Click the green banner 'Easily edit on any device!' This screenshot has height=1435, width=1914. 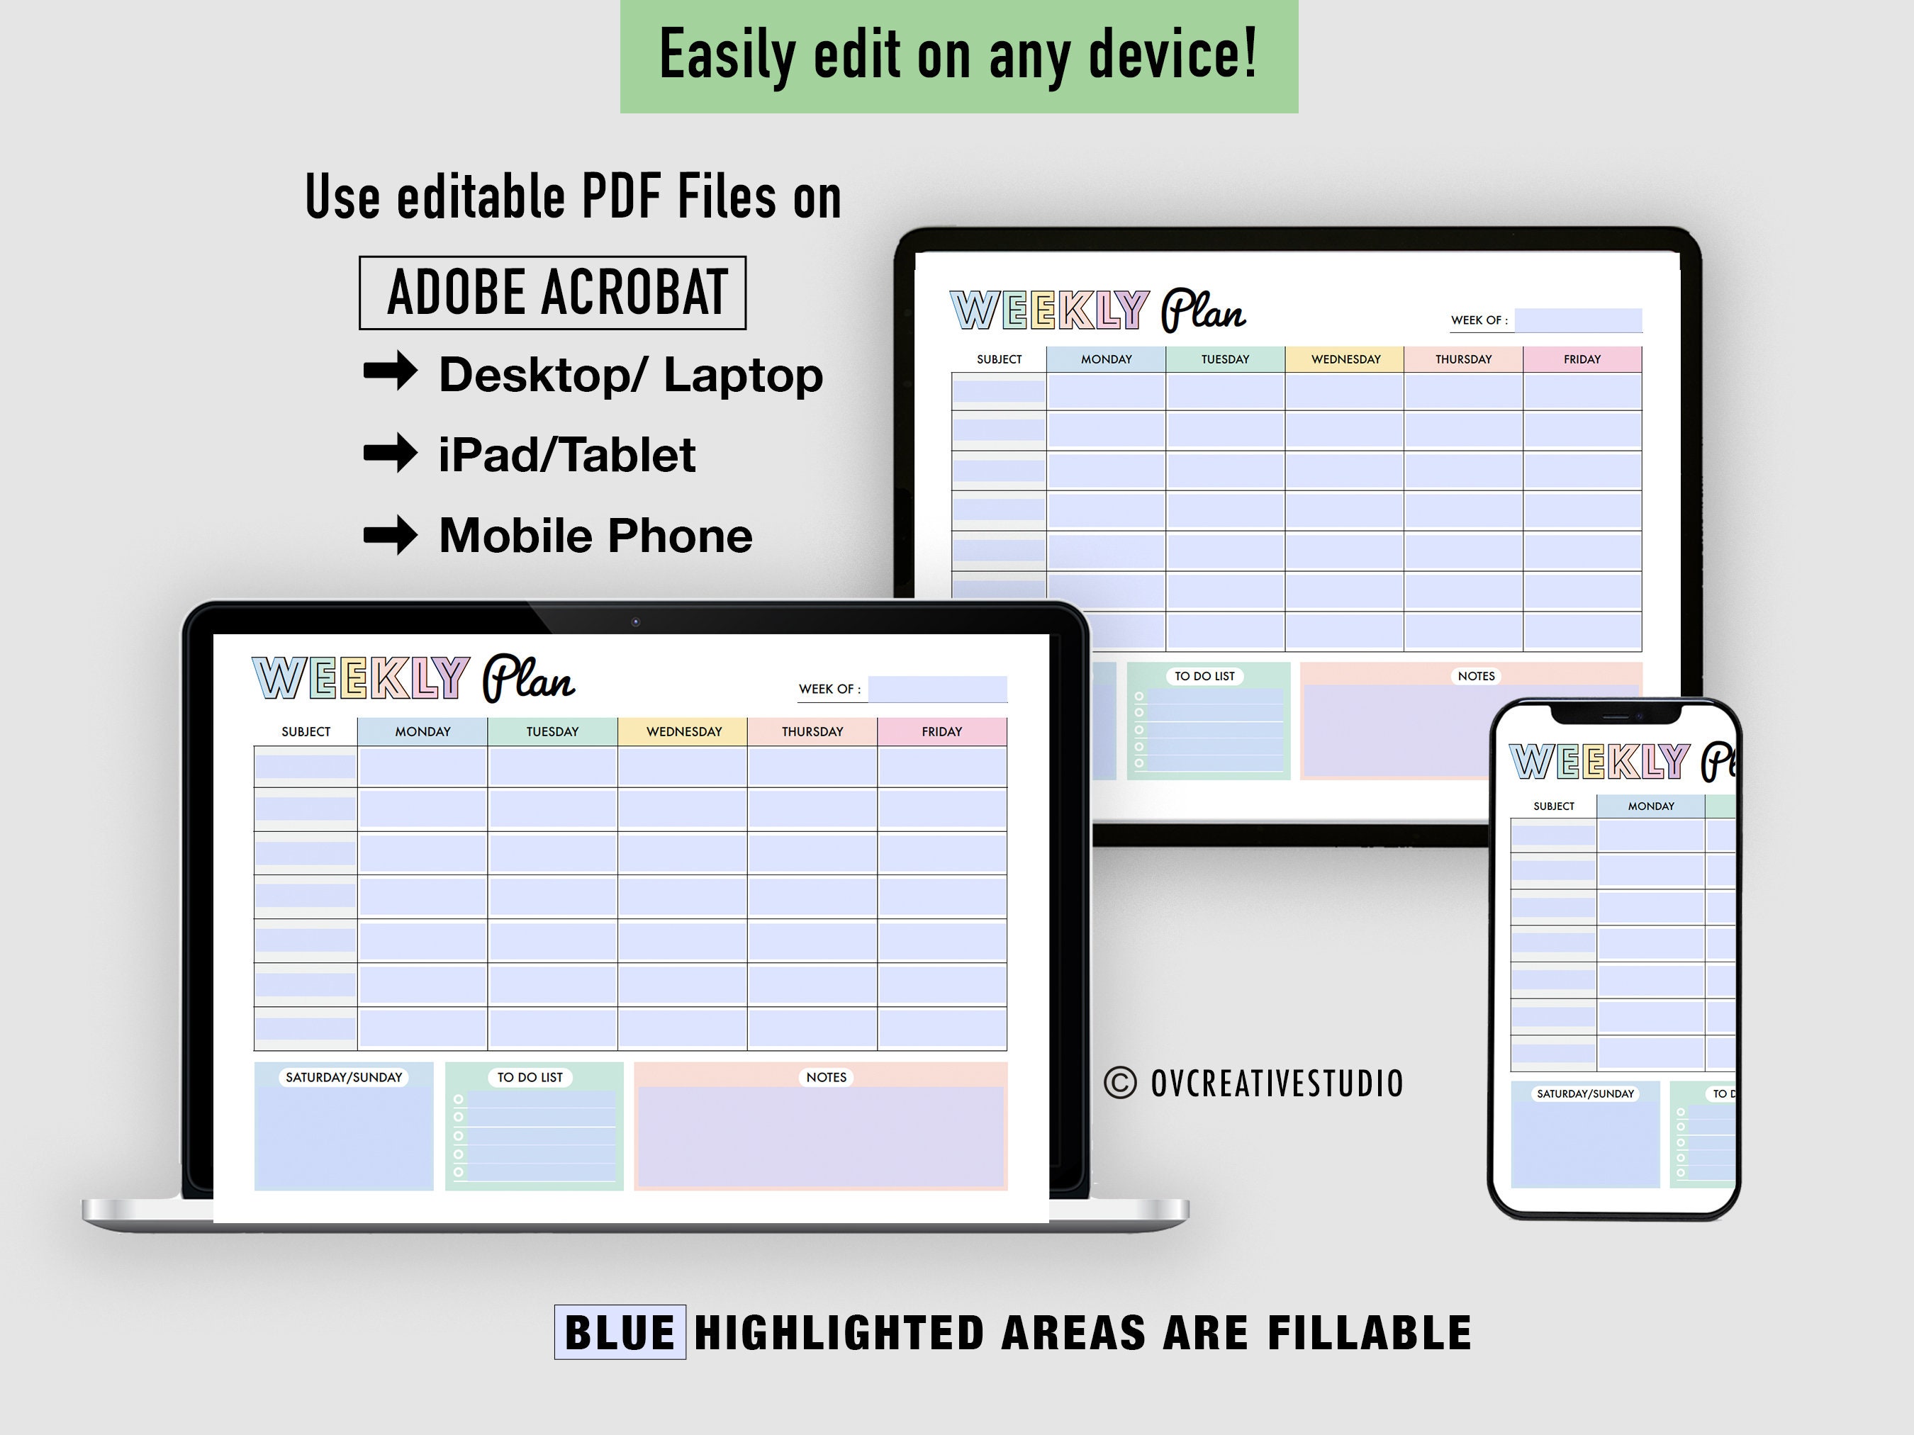click(x=958, y=55)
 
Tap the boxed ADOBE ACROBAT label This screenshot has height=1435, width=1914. click(x=552, y=293)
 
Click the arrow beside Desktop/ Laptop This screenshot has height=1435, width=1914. click(x=390, y=372)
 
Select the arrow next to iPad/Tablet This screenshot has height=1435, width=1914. click(x=390, y=452)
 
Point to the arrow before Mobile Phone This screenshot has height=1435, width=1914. click(x=390, y=534)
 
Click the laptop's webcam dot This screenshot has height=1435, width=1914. click(x=636, y=622)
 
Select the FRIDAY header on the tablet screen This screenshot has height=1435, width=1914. click(x=1582, y=359)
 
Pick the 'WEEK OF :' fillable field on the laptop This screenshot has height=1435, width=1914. click(x=937, y=689)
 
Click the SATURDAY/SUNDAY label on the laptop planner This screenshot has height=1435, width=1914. click(x=344, y=1077)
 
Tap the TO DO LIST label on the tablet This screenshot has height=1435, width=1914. click(x=1204, y=675)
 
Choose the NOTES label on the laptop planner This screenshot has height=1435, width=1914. click(x=827, y=1077)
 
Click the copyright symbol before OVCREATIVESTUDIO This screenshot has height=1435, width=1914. click(x=1121, y=1083)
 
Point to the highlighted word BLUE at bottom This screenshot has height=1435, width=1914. click(x=620, y=1332)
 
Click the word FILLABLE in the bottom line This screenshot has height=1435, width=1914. click(x=1369, y=1332)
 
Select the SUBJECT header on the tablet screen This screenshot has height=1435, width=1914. click(x=1000, y=359)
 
